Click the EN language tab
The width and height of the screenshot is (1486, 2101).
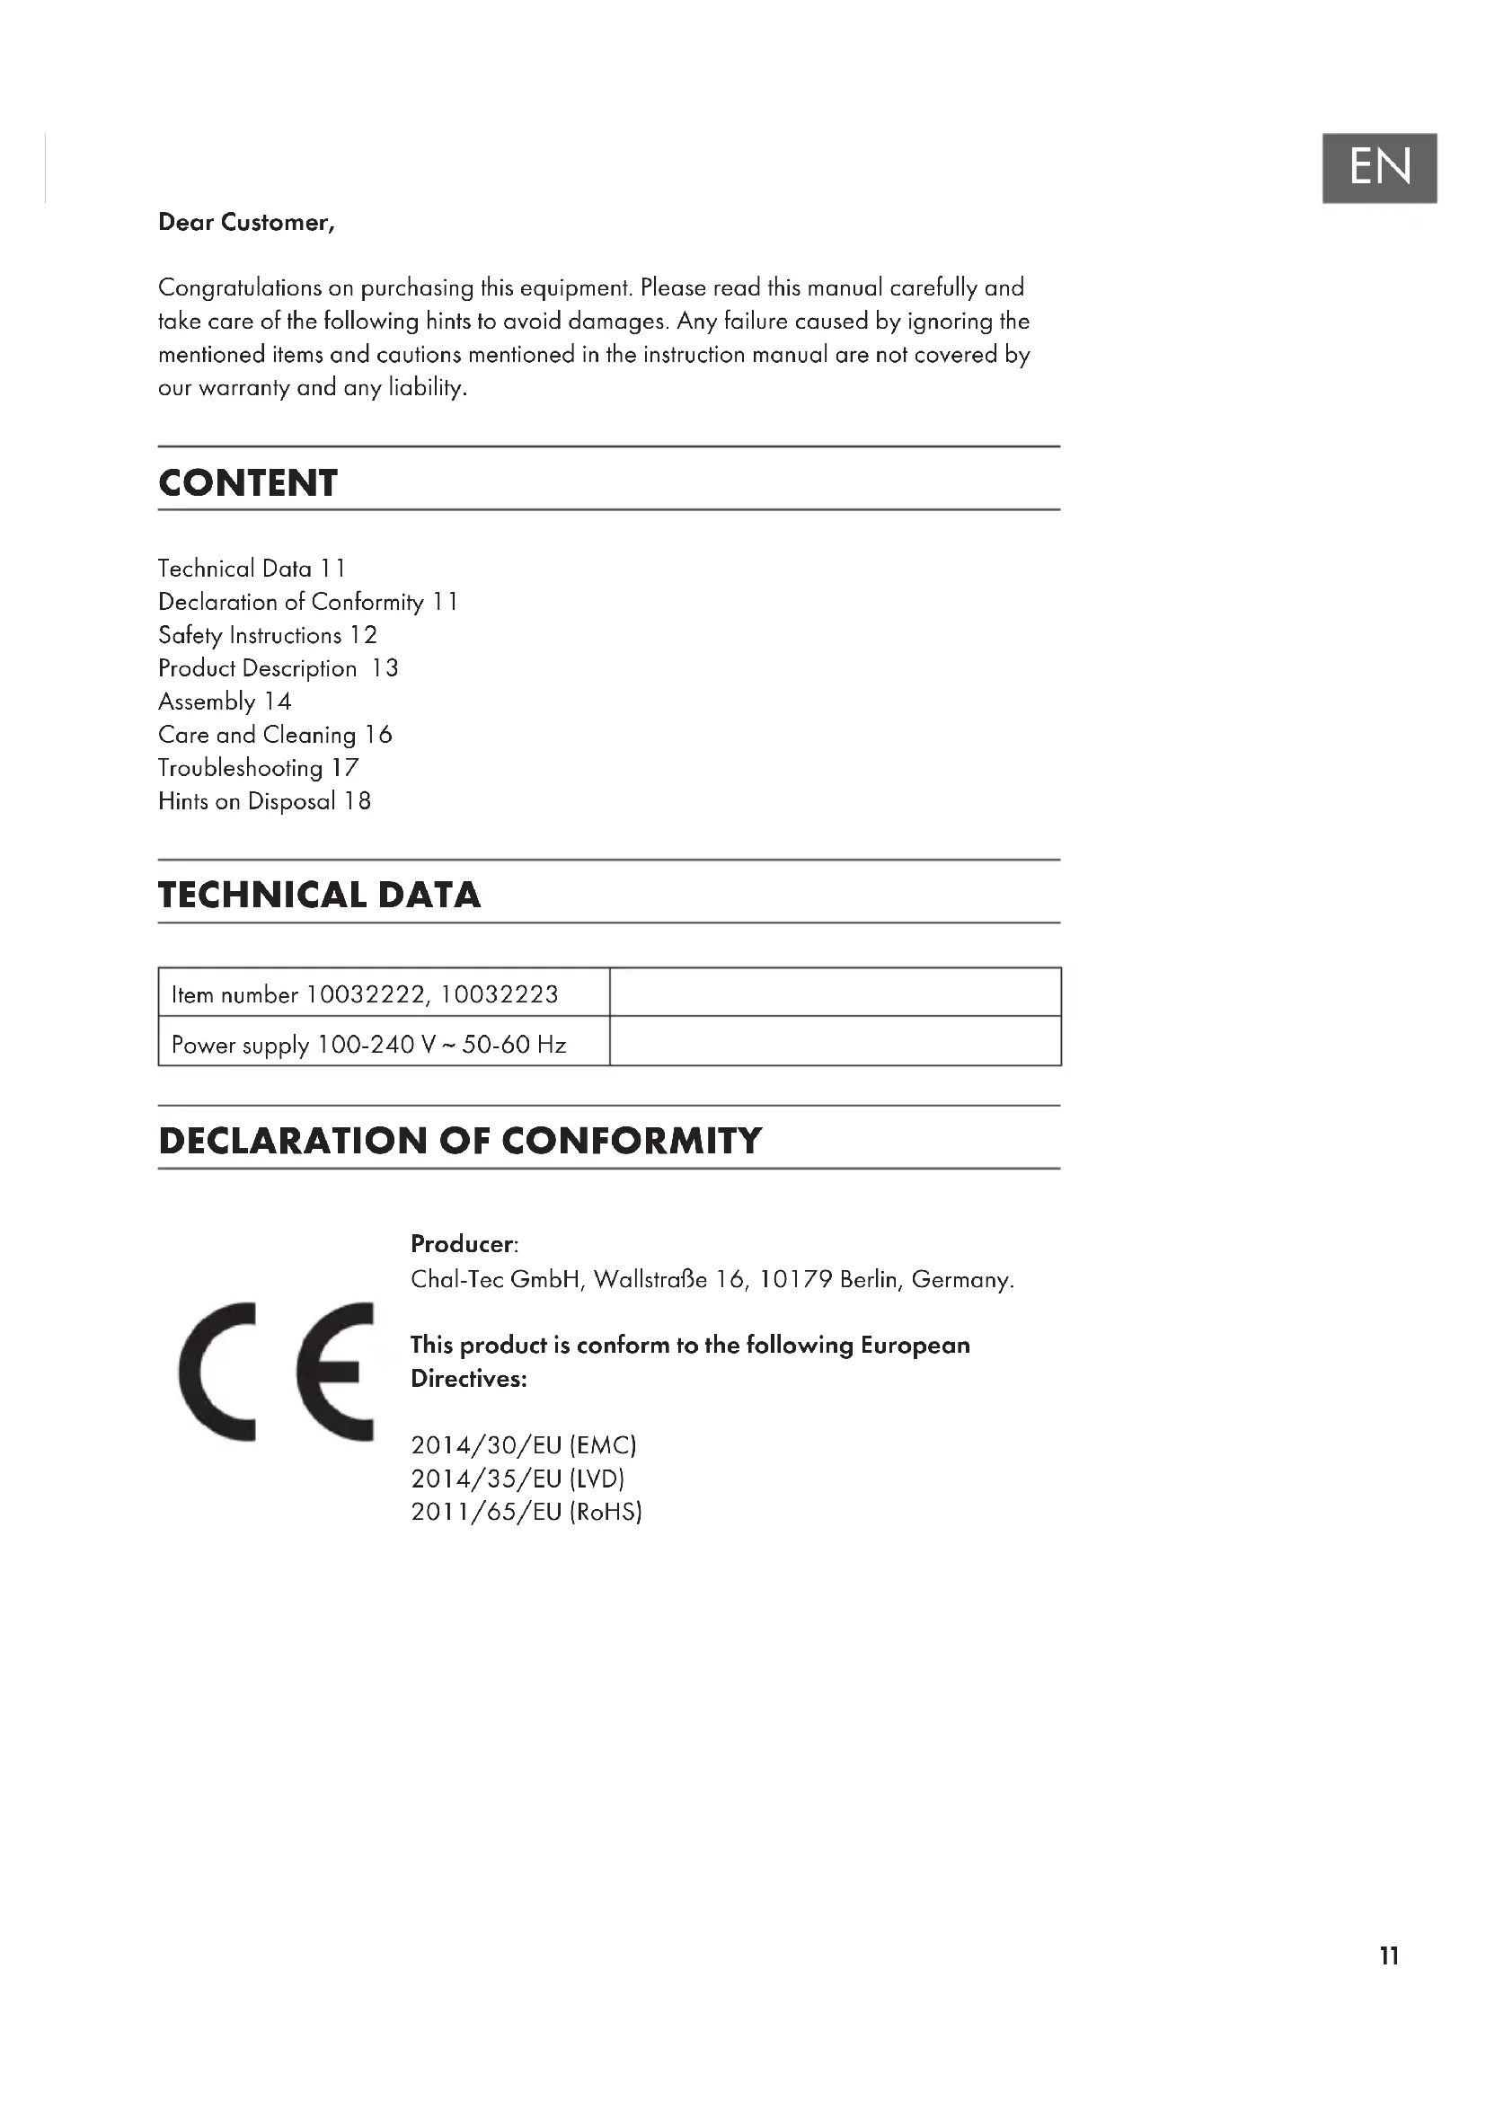1379,167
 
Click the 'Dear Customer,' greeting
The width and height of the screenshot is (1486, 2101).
246,223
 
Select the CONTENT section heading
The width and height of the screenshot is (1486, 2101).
248,483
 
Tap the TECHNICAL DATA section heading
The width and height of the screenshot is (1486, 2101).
318,895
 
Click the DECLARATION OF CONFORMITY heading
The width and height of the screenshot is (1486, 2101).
459,1140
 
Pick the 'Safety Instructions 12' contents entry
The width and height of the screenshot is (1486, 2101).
267,635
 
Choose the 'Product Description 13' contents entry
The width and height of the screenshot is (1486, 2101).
279,668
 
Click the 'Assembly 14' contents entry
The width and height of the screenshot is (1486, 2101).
225,702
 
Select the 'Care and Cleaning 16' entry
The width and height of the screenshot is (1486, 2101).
275,735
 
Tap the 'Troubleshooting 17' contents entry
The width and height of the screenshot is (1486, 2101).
258,768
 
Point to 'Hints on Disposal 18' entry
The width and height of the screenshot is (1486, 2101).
264,801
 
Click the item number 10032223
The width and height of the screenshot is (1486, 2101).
499,994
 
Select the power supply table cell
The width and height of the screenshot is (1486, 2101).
368,1044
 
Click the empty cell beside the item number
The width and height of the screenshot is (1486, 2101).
835,993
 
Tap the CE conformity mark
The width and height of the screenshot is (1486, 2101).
277,1372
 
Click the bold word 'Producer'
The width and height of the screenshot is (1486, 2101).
462,1243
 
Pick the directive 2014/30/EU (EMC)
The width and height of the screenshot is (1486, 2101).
524,1445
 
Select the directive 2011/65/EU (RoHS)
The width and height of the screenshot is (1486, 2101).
526,1511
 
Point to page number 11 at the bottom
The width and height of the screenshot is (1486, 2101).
1389,1956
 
